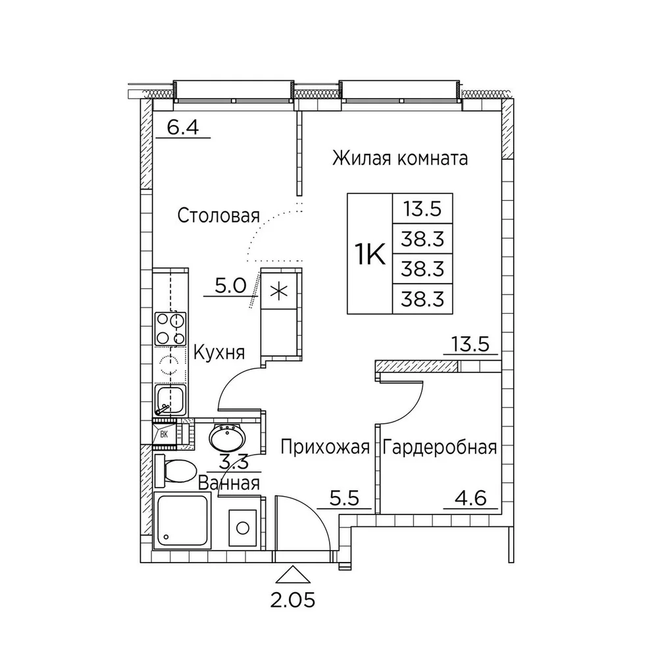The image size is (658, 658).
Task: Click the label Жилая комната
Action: point(400,159)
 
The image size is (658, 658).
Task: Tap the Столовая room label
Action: point(218,216)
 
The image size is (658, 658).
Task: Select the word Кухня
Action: point(219,352)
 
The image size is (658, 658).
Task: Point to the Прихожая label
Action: point(325,447)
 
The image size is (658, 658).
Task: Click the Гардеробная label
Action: point(440,447)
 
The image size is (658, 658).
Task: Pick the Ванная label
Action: point(229,483)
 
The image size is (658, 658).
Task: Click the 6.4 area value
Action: point(182,127)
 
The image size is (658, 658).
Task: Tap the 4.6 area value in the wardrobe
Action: point(471,499)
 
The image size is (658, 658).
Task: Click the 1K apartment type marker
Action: point(370,254)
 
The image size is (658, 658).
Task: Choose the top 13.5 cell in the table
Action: point(422,209)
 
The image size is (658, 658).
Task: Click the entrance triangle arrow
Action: point(293,574)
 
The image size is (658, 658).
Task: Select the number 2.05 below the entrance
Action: point(293,601)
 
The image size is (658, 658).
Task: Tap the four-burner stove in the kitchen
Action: point(170,329)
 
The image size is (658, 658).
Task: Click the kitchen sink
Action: point(170,400)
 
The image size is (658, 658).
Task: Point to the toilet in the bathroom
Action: point(175,471)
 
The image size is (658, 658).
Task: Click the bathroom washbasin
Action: point(227,438)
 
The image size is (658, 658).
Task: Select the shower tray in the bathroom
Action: point(182,520)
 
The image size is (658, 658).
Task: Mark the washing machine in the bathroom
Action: point(243,528)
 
